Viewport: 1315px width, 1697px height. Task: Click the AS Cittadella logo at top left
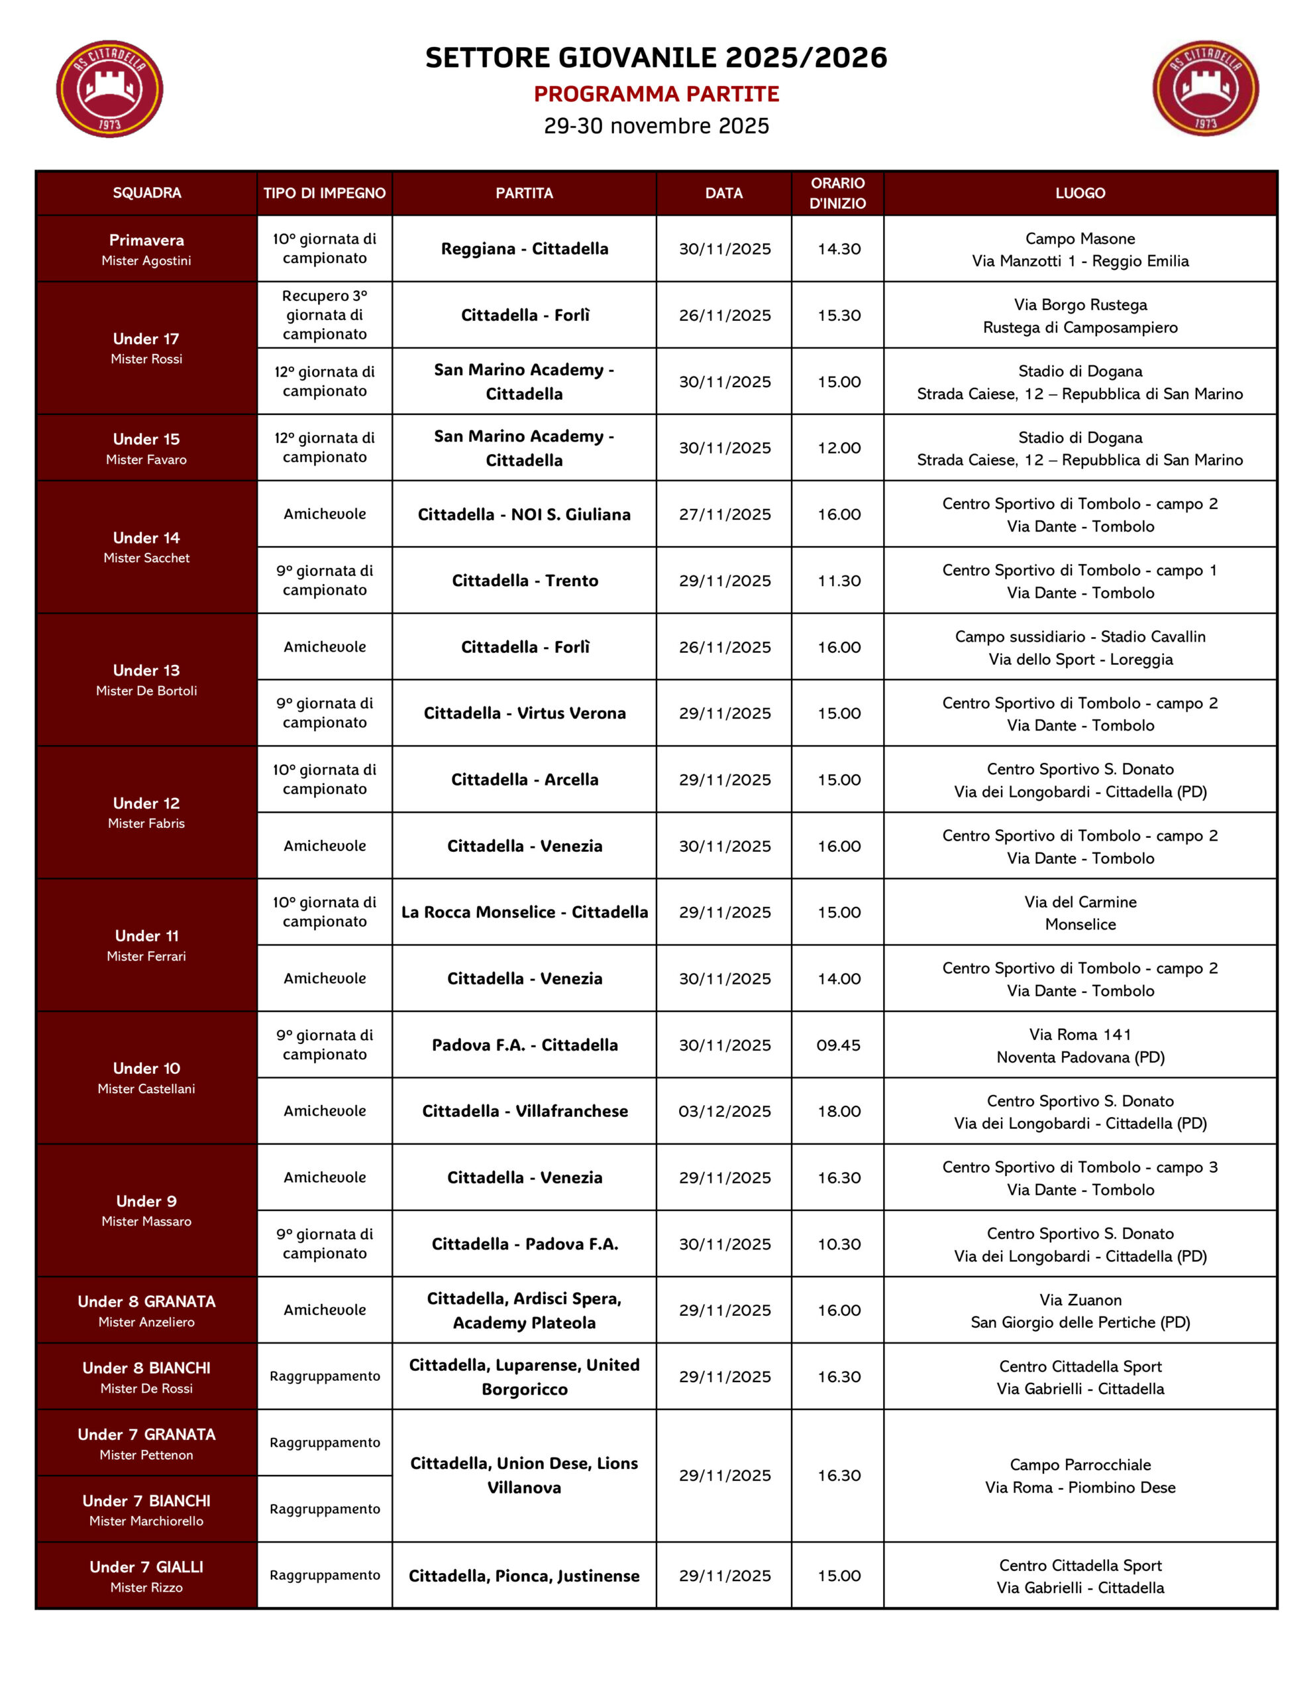pos(109,89)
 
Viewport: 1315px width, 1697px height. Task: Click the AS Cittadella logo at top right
pos(1205,89)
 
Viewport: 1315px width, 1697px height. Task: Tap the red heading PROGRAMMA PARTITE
pos(657,94)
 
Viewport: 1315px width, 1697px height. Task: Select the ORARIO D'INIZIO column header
pos(837,193)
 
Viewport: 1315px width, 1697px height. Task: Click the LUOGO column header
pos(1080,193)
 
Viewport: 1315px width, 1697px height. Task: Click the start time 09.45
pos(838,1045)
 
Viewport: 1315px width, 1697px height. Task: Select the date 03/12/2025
pos(725,1111)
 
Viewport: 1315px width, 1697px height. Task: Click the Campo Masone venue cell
pos(1080,249)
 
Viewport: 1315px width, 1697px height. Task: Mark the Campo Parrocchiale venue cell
pos(1080,1476)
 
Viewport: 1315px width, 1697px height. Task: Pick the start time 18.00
pos(838,1111)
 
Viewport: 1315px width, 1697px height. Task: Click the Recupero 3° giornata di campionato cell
pos(325,315)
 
